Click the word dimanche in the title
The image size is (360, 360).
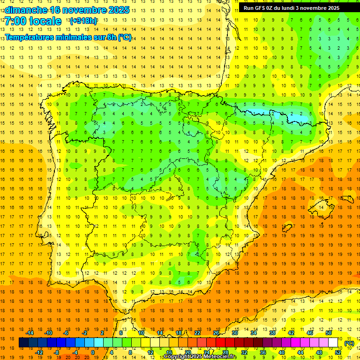tap(26, 10)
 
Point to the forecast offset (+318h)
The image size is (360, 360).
tap(83, 21)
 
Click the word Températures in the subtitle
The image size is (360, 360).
tap(30, 37)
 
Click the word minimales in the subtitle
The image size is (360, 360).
tap(75, 37)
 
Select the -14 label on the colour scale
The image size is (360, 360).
tap(29, 333)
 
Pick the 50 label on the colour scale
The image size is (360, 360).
tap(328, 333)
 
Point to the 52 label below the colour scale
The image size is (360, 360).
tap(337, 352)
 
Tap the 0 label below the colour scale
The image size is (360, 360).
tap(93, 352)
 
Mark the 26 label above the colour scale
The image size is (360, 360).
tap(216, 333)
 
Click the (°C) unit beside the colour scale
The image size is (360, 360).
tap(349, 343)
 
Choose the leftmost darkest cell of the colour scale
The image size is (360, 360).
tap(23, 343)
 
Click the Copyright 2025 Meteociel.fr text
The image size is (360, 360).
tap(200, 357)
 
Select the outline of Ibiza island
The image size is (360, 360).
tap(287, 228)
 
